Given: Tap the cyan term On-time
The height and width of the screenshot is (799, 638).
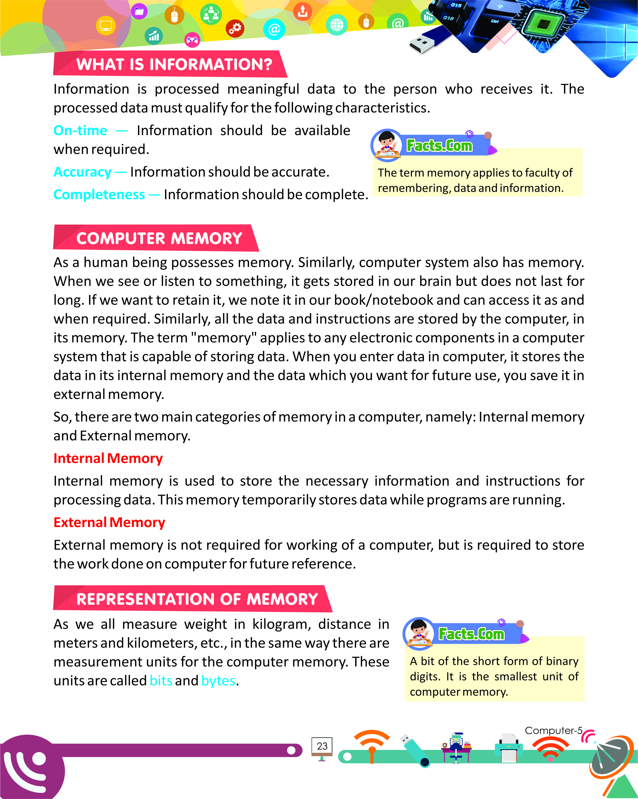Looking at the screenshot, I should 80,130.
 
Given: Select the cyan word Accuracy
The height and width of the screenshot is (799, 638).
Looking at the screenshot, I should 82,172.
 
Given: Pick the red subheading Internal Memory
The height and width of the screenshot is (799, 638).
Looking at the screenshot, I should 108,458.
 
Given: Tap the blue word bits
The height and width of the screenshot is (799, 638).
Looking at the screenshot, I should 161,681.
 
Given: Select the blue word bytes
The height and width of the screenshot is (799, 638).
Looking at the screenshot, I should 218,681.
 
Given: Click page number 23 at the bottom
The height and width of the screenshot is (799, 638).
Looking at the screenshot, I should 322,746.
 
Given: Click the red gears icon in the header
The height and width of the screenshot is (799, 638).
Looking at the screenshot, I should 235,28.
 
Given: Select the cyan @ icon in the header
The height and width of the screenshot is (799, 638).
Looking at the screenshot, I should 274,29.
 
